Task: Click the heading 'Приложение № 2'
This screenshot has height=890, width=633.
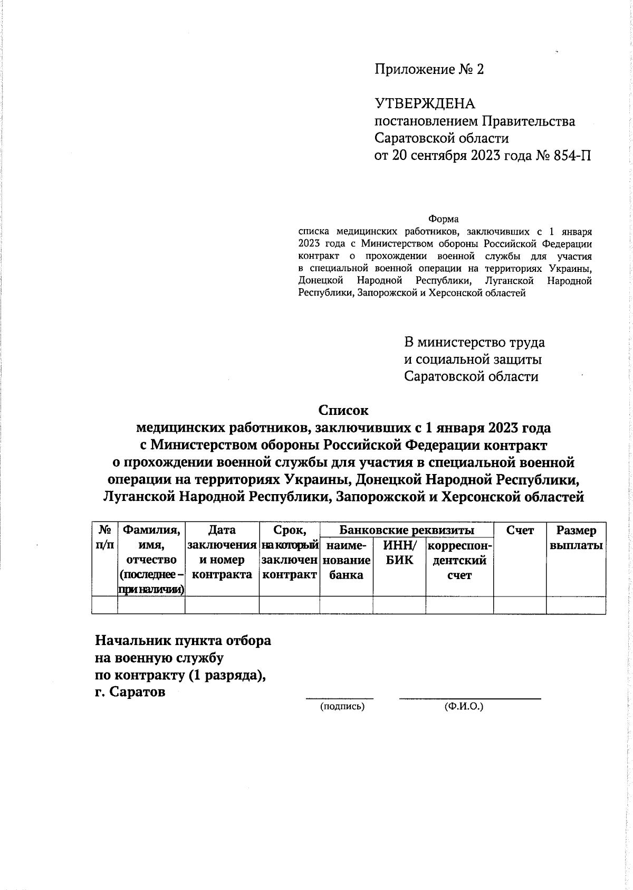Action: (428, 70)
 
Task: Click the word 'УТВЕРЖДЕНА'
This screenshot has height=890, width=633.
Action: (425, 103)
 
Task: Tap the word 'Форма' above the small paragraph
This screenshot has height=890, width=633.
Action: (443, 219)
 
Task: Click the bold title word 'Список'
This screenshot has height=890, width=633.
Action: (343, 410)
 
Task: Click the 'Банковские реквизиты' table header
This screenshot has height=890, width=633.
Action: (406, 530)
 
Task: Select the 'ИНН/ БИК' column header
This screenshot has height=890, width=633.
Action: (399, 552)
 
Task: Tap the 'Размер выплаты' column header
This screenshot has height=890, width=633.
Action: (576, 537)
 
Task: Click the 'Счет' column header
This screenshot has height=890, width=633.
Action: (520, 530)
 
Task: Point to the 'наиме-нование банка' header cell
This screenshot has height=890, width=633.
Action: (346, 560)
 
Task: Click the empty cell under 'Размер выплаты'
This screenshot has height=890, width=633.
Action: (576, 605)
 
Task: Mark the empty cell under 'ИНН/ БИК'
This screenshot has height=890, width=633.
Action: (399, 605)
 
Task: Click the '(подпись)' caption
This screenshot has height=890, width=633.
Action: (342, 706)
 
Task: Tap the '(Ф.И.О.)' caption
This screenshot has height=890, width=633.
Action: (464, 706)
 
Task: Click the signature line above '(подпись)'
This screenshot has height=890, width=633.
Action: (340, 698)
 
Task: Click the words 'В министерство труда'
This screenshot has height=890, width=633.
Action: (474, 342)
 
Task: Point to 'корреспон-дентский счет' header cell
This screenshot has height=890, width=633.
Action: (459, 560)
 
